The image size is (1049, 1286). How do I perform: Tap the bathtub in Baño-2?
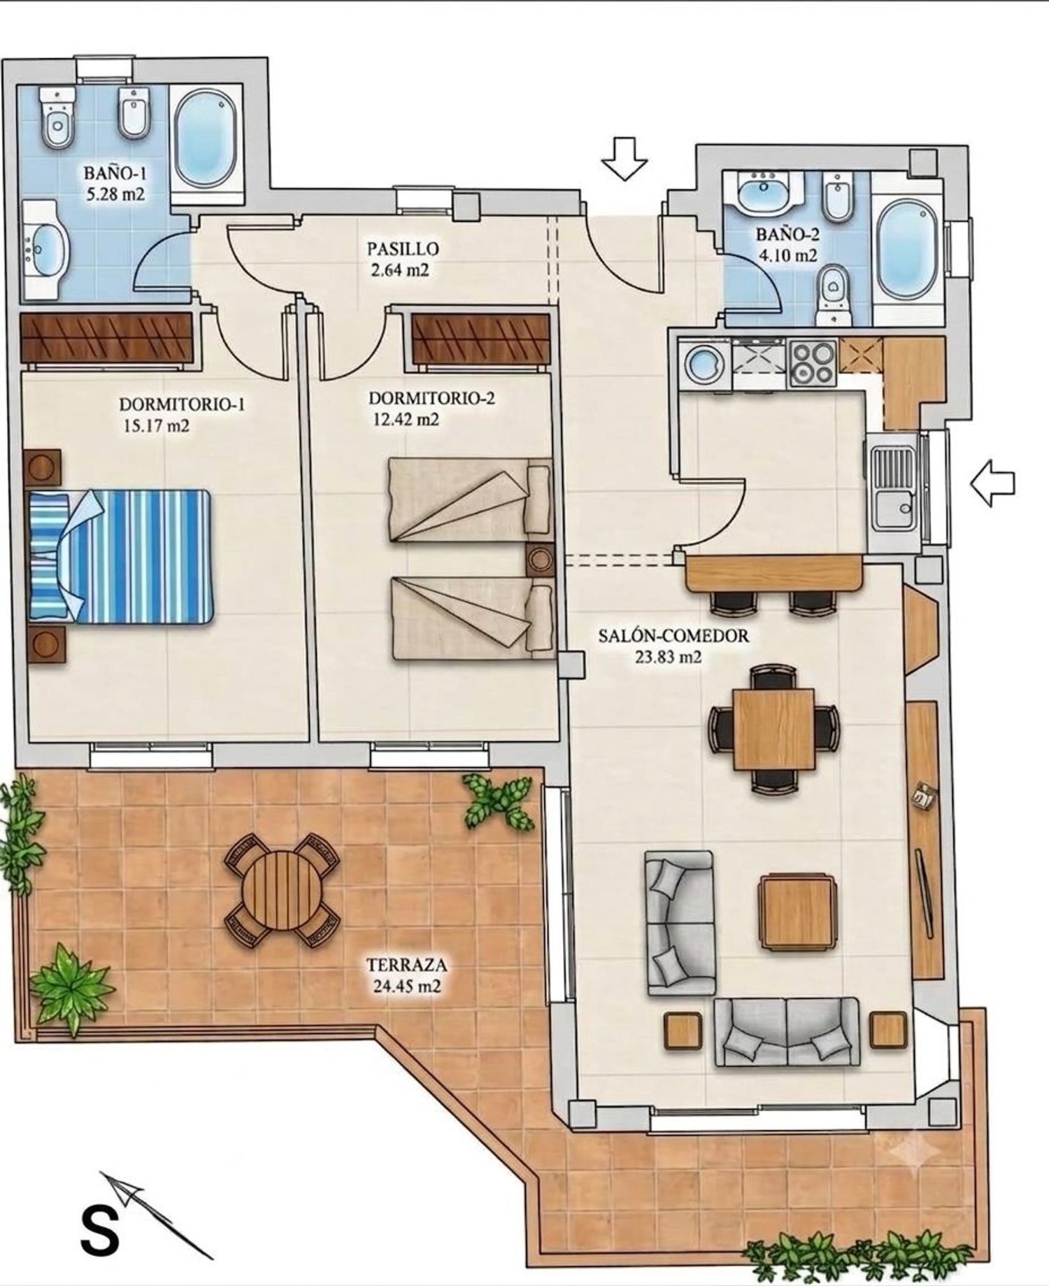(908, 248)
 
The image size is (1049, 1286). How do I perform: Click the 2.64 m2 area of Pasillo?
(400, 270)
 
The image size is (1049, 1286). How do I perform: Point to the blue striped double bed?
(120, 556)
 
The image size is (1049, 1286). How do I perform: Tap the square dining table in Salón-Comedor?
(774, 729)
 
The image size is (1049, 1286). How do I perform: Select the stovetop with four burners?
(813, 362)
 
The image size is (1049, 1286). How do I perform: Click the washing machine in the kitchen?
(702, 362)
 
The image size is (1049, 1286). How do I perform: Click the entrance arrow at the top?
(624, 158)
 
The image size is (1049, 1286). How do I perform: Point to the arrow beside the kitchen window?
(992, 482)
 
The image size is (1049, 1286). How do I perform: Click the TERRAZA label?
(406, 966)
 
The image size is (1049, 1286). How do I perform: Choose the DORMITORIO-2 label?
(431, 398)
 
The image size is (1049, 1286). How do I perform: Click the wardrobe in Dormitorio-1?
(106, 338)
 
